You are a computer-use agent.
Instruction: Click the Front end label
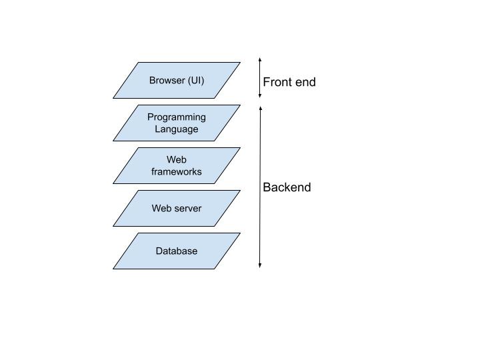point(289,82)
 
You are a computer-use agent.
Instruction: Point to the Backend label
point(287,187)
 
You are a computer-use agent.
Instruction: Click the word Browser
point(167,81)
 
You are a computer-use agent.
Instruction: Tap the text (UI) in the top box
point(195,81)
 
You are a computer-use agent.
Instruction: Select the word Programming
point(177,117)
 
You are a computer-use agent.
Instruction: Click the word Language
point(177,129)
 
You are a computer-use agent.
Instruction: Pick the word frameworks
point(177,172)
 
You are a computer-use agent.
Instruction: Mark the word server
point(187,209)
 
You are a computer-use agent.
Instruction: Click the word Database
point(177,251)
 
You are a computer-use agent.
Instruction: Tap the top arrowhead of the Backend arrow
point(260,107)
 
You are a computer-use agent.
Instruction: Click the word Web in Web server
point(161,209)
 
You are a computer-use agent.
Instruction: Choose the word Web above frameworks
point(177,160)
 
